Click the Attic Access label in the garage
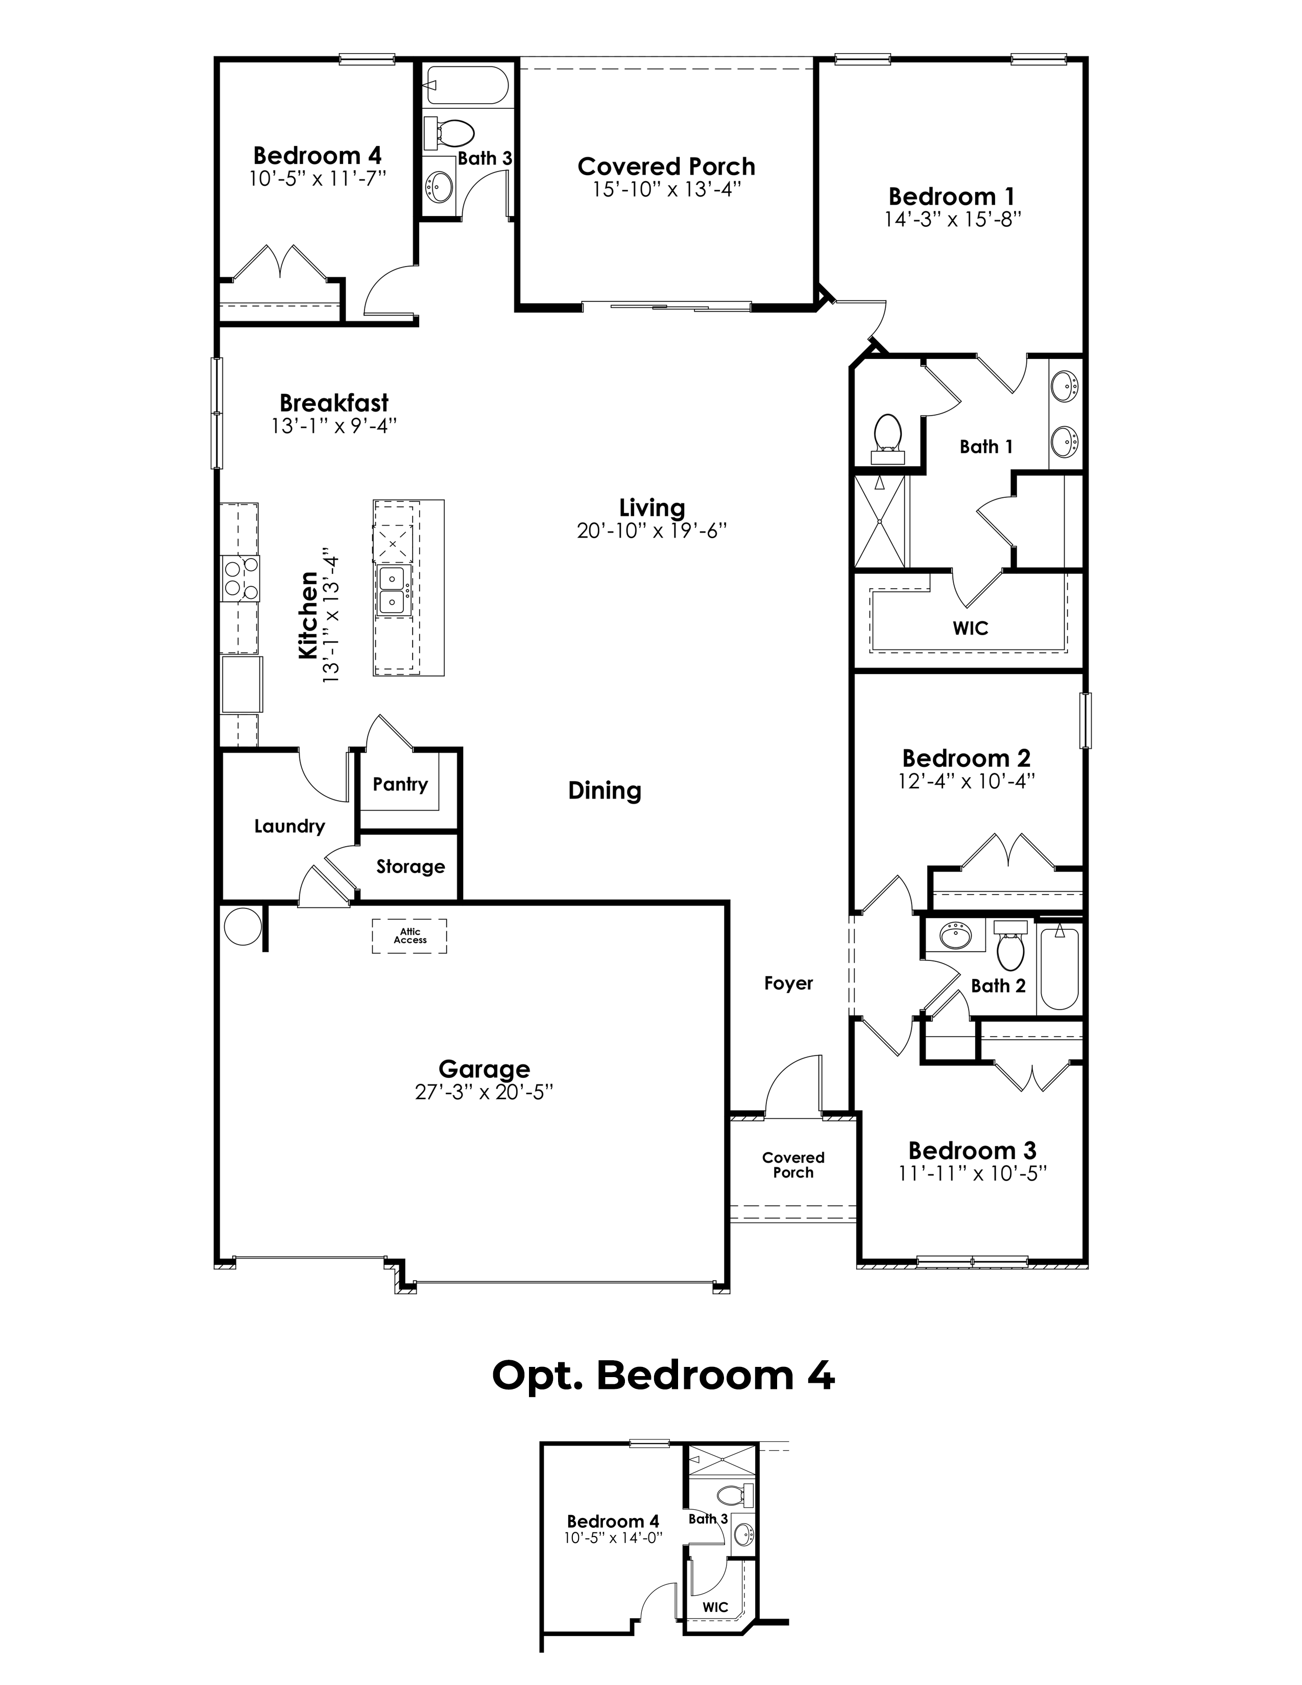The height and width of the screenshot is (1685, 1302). (409, 936)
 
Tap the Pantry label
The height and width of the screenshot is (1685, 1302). (400, 785)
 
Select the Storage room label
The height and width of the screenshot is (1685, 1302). (411, 866)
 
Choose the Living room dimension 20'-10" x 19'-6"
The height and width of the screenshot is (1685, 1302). (653, 531)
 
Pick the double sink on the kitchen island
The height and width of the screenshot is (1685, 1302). (393, 591)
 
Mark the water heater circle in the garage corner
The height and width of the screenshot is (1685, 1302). (242, 925)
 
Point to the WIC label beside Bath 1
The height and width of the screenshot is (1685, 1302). (970, 628)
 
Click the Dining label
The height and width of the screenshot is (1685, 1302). (605, 791)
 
